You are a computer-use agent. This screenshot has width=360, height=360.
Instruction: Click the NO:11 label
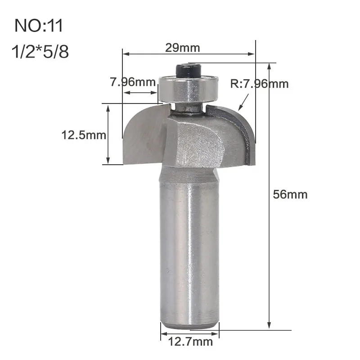tap(39, 26)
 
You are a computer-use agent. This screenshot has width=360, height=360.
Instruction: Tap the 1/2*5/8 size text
tap(40, 51)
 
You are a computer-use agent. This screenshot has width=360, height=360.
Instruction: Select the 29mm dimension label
tap(183, 48)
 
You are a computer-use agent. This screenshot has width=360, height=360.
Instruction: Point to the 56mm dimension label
tap(290, 194)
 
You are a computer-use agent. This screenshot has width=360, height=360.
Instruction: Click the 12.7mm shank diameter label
tap(190, 342)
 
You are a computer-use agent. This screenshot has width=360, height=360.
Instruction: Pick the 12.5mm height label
tap(84, 135)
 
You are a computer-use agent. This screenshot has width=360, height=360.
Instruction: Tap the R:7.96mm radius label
tap(259, 84)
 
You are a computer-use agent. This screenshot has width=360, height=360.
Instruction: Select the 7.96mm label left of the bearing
tap(133, 82)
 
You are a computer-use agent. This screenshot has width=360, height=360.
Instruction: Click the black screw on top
tap(188, 71)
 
